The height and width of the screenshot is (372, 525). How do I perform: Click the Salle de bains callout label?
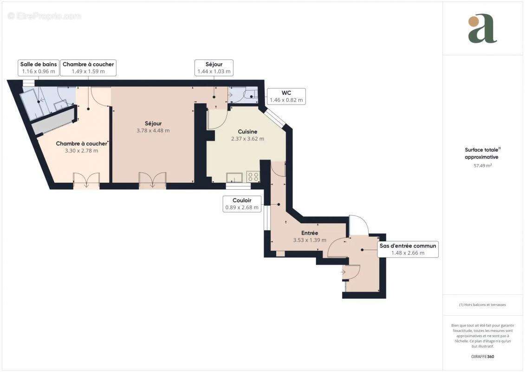(x=39, y=68)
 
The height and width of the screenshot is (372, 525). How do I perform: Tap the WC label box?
(x=286, y=96)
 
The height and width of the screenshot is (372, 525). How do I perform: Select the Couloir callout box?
(x=242, y=204)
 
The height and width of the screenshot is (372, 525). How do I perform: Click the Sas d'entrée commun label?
(x=408, y=250)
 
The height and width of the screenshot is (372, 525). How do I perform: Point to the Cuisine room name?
(x=247, y=132)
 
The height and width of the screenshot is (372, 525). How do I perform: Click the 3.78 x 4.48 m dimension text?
(x=153, y=131)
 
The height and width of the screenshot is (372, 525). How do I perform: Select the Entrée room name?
(x=310, y=233)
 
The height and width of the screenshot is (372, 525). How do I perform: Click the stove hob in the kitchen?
(x=253, y=176)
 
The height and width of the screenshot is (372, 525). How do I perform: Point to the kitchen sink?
(x=234, y=177)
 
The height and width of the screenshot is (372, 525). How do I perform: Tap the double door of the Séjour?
(x=152, y=180)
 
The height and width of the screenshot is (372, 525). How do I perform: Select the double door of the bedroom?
(x=86, y=180)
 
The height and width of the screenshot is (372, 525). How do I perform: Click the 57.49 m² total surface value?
(x=483, y=165)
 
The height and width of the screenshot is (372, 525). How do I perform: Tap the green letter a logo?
(x=482, y=29)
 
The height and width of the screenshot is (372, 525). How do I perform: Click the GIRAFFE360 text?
(x=483, y=356)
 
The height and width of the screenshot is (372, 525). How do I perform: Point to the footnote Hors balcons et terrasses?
(x=483, y=305)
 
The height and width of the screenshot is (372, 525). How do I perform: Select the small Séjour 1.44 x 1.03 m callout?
(x=214, y=68)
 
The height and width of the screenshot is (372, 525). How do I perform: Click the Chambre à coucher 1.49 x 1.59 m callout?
(x=88, y=68)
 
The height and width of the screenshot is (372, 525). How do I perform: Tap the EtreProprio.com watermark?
(x=45, y=16)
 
